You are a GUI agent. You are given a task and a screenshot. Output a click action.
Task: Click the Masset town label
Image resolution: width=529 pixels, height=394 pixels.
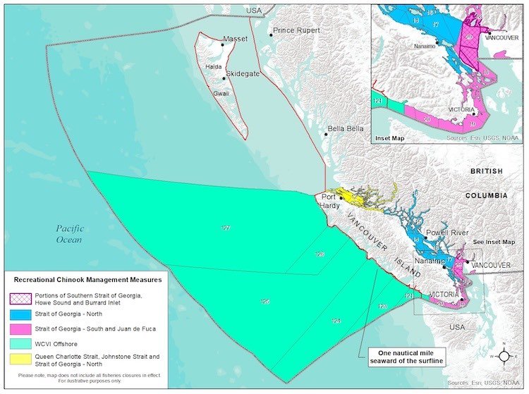(235, 39)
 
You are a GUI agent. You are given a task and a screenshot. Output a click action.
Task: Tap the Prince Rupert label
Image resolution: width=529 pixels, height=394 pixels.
(296, 30)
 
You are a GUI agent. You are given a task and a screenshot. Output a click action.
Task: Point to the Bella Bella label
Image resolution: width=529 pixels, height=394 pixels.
(345, 130)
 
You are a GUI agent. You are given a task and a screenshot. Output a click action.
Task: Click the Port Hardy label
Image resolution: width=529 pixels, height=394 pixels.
(330, 201)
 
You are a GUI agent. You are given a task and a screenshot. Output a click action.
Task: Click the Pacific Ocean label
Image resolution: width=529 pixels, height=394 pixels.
(71, 234)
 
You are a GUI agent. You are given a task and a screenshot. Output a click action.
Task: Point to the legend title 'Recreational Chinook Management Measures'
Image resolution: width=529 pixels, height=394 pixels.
(84, 280)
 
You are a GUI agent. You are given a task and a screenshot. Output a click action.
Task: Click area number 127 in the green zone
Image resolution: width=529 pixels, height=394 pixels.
(225, 228)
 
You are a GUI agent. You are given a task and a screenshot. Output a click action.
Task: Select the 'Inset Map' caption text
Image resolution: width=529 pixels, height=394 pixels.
(390, 139)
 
